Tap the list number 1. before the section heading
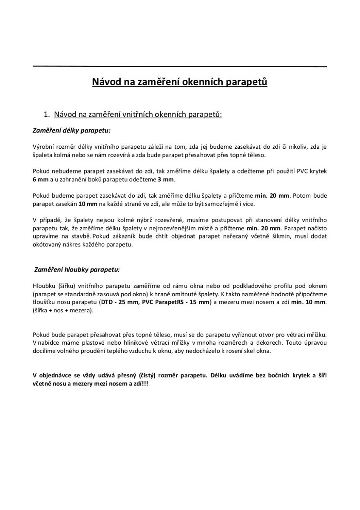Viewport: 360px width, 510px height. coord(47,114)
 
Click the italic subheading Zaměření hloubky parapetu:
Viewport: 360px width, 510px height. coord(77,269)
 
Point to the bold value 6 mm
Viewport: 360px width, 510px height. coord(41,179)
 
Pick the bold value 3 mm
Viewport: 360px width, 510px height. coord(166,179)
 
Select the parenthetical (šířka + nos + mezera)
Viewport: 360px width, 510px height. coord(63,310)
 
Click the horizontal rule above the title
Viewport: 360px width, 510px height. coord(179,67)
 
